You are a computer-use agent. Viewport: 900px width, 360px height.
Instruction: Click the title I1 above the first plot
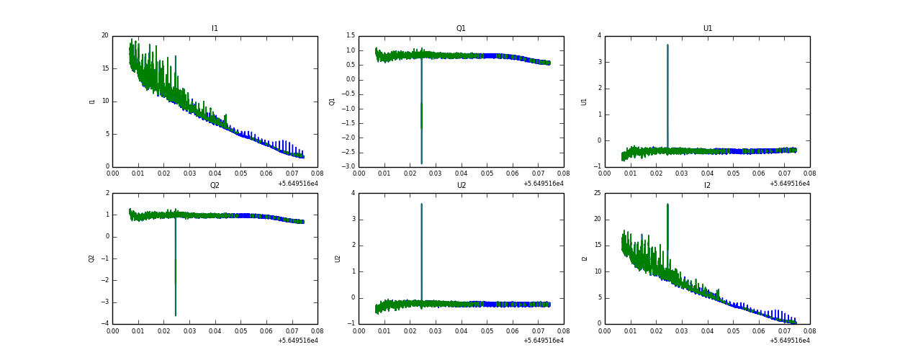[x=215, y=29]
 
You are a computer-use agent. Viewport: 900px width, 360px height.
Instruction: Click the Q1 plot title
[x=461, y=29]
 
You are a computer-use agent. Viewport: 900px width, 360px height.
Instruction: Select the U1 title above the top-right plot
[x=707, y=29]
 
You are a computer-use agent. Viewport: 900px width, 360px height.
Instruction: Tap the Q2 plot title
[x=215, y=186]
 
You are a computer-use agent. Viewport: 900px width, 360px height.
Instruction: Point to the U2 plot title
[x=461, y=186]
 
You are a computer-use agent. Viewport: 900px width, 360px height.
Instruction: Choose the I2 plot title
[x=707, y=186]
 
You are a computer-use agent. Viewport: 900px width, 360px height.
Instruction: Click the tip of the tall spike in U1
[x=667, y=45]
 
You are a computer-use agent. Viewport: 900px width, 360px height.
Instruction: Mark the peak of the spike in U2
[x=421, y=204]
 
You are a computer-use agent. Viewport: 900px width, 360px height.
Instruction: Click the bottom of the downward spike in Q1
[x=421, y=163]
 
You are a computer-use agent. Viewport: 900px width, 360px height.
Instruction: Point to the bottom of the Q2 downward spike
[x=175, y=315]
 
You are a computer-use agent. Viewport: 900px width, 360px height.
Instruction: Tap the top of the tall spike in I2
[x=667, y=204]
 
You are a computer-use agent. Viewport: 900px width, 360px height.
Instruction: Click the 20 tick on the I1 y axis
[x=104, y=35]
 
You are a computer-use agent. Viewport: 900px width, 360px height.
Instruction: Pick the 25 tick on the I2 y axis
[x=597, y=193]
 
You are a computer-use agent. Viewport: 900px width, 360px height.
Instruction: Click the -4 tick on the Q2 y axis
[x=104, y=323]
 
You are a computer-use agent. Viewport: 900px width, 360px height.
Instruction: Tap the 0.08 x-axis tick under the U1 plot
[x=809, y=174]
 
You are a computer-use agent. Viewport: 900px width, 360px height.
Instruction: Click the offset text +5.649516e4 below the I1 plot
[x=297, y=184]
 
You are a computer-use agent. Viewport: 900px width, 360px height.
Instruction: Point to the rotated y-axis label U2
[x=338, y=258]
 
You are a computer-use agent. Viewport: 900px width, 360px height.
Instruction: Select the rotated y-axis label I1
[x=92, y=101]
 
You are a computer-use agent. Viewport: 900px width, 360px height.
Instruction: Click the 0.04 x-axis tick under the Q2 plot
[x=215, y=330]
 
